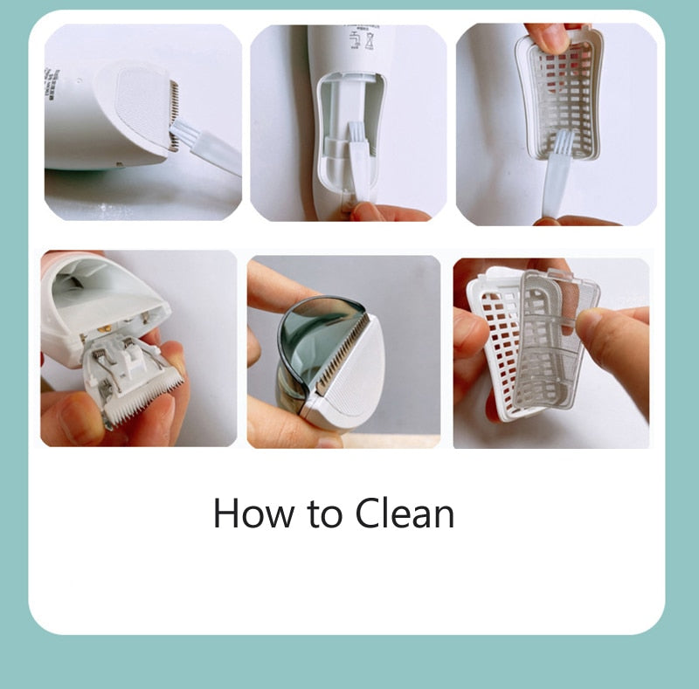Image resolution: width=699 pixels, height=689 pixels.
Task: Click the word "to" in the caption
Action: [x=325, y=515]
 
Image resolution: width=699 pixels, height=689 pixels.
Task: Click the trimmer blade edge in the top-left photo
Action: [x=173, y=114]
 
